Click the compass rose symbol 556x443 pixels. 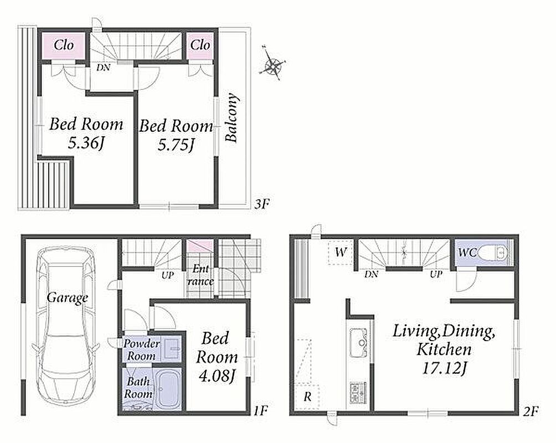(x=272, y=64)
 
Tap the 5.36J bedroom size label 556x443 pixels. (x=86, y=143)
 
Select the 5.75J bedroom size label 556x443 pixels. (x=176, y=145)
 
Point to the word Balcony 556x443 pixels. (x=232, y=118)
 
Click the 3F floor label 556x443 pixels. (x=262, y=204)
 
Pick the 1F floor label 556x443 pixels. (x=260, y=411)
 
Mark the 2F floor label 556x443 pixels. (x=531, y=411)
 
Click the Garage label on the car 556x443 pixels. (x=68, y=297)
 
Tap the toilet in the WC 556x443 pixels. (x=492, y=253)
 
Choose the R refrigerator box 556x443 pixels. (x=307, y=396)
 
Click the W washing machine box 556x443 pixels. (x=341, y=253)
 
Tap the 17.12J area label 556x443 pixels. (x=444, y=369)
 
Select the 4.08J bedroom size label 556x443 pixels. (x=217, y=377)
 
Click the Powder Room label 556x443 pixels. (x=141, y=350)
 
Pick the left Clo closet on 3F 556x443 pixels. (x=64, y=45)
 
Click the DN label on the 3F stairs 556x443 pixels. (x=103, y=68)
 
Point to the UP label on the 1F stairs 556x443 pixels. (x=167, y=275)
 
